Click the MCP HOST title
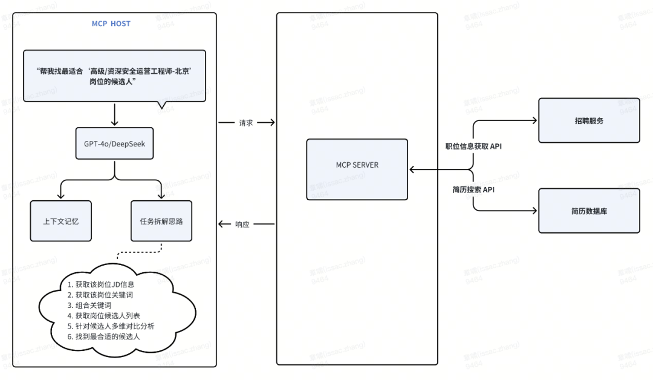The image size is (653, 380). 111,24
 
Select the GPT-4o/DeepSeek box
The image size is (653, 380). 114,145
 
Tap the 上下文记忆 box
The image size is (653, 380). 60,221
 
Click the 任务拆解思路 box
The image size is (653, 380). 161,221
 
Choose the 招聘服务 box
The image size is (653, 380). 588,120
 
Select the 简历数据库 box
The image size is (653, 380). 588,211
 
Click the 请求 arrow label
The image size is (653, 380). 245,122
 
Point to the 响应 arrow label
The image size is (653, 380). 245,224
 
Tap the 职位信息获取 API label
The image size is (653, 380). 473,146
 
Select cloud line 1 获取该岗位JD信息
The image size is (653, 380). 100,284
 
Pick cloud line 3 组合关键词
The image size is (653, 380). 89,306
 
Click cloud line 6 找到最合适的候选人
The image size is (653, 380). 104,336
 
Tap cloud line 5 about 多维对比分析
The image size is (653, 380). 111,326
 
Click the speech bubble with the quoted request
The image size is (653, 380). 114,76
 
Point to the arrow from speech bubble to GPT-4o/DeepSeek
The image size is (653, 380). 114,114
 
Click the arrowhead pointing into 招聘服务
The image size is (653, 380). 534,120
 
